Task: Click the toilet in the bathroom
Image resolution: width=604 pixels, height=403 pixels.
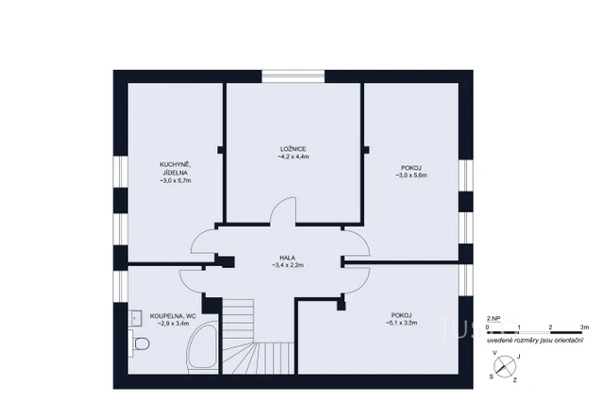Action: (x=140, y=346)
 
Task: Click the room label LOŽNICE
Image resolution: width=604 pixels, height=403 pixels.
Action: (x=293, y=150)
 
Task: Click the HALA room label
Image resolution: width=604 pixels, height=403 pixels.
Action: (x=287, y=258)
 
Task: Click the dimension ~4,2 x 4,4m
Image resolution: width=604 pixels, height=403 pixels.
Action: (x=293, y=158)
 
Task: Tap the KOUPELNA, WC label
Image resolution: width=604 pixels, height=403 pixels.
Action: (x=170, y=316)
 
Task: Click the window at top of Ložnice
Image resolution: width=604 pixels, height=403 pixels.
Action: (x=293, y=76)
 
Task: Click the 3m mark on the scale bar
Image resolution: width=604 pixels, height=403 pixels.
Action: (x=583, y=327)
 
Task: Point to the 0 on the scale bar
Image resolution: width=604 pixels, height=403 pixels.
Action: (x=487, y=327)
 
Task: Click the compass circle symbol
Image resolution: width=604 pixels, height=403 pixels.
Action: (x=507, y=367)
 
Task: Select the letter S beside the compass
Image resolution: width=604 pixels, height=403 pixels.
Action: (x=491, y=375)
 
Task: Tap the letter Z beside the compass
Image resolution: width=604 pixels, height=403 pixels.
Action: (x=514, y=379)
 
